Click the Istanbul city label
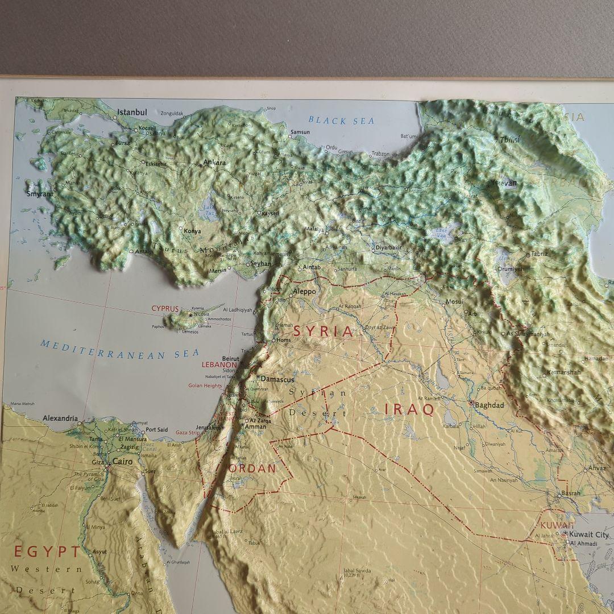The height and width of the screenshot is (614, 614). [x=132, y=113]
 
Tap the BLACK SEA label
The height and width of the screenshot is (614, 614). [x=342, y=121]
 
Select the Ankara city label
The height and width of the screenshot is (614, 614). [x=214, y=163]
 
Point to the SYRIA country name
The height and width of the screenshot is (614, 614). [x=322, y=332]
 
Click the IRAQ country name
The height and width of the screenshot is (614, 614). [x=409, y=409]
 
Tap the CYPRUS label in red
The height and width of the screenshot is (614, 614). [x=165, y=308]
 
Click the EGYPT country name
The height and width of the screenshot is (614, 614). [x=48, y=551]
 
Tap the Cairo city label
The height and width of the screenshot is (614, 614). [x=122, y=462]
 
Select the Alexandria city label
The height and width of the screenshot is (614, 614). [x=60, y=418]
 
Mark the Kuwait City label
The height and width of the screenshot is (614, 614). [x=589, y=534]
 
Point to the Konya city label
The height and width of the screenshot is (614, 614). [x=192, y=231]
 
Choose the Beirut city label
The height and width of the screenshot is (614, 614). [x=231, y=359]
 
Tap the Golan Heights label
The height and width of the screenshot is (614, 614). [x=206, y=385]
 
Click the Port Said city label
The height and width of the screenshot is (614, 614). [x=156, y=430]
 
